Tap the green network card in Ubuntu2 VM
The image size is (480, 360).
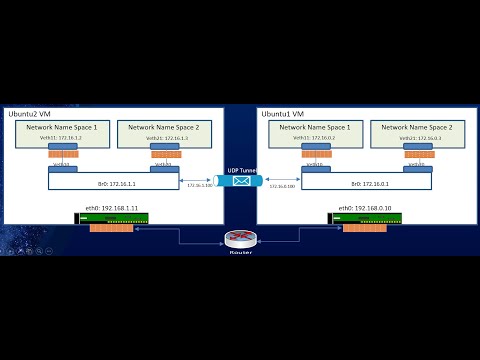(111, 218)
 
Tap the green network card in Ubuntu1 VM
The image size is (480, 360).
(364, 218)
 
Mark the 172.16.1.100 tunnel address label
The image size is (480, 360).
(200, 186)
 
